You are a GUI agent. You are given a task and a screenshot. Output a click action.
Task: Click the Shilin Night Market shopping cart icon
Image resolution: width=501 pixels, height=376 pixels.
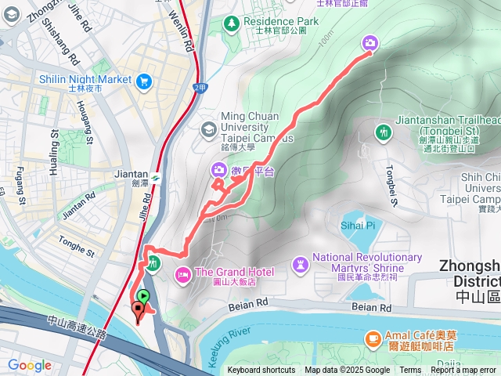pyautogui.click(x=143, y=81)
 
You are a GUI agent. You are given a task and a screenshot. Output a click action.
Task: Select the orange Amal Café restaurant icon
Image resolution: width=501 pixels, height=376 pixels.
pyautogui.click(x=373, y=338)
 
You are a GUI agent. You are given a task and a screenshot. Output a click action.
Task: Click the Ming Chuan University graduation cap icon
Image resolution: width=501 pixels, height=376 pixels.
pyautogui.click(x=208, y=128)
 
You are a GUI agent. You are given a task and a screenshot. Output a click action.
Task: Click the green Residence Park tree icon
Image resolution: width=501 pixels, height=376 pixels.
pyautogui.click(x=232, y=22)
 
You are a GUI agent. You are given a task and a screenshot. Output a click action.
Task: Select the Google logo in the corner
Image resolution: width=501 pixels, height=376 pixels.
pyautogui.click(x=30, y=365)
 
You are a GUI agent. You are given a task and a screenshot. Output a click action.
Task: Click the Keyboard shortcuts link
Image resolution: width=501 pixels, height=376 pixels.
pyautogui.click(x=261, y=371)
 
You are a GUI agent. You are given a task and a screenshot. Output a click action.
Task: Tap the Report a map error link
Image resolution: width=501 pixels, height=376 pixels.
pyautogui.click(x=463, y=371)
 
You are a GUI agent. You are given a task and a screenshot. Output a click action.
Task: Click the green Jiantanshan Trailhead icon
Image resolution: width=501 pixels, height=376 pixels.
pyautogui.click(x=383, y=131)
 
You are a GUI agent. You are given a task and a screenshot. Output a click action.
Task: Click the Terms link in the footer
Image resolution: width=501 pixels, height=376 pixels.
pyautogui.click(x=410, y=371)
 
